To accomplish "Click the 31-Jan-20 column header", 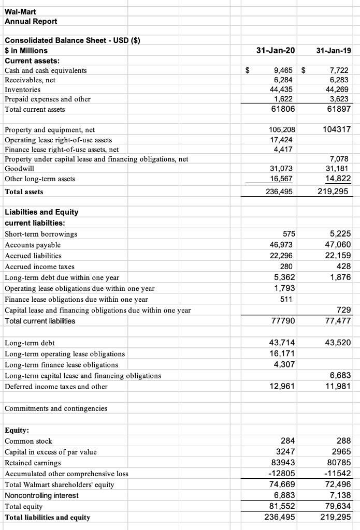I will pyautogui.click(x=276, y=50).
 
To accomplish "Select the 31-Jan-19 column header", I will pyautogui.click(x=331, y=50).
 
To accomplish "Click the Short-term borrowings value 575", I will pyautogui.click(x=289, y=233).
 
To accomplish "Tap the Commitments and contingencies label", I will pyautogui.click(x=56, y=408).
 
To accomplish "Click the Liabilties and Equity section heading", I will pyautogui.click(x=41, y=212).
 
